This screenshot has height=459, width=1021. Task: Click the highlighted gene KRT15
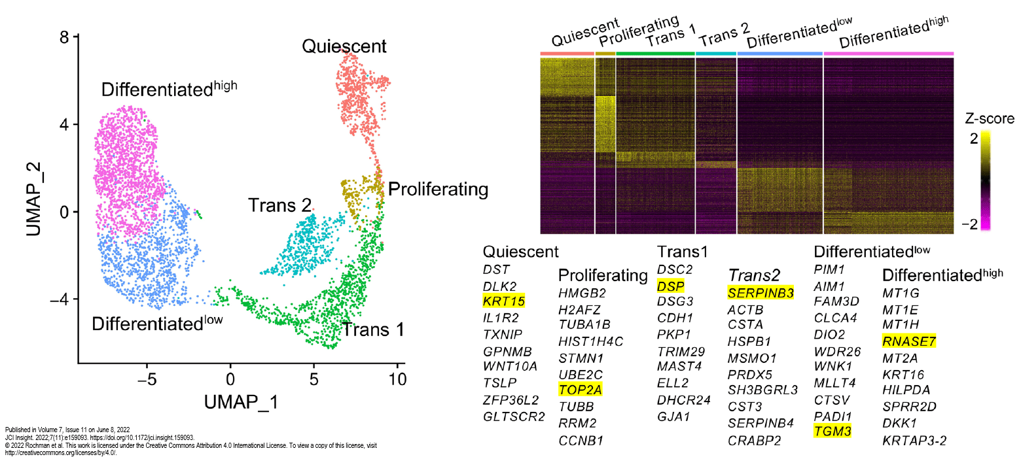coord(503,301)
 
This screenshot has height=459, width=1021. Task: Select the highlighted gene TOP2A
coord(581,390)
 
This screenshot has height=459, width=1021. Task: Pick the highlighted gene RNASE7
coord(909,341)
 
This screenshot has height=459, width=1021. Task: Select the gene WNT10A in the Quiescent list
coord(510,365)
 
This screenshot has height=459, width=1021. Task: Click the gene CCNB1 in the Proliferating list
coord(581,440)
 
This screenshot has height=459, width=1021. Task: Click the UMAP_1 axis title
coord(240,401)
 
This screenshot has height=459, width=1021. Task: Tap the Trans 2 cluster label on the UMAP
coord(279,205)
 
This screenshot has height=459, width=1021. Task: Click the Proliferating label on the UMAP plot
coord(438,190)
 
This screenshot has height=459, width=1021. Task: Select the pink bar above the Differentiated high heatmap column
coord(888,54)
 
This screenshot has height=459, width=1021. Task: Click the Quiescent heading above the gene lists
coord(520,252)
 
